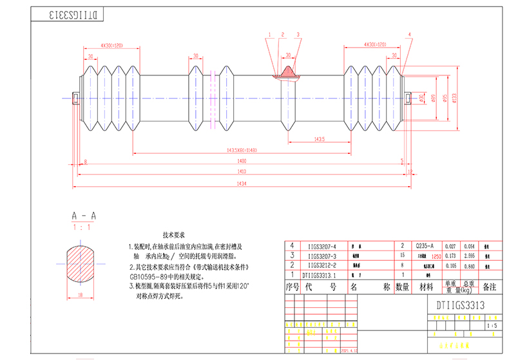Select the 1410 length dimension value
coord(242,172)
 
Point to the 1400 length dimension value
coord(242,160)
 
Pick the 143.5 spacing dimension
coord(319,138)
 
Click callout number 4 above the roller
coord(408,34)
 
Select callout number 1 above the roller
coord(270,34)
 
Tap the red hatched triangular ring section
coord(288,71)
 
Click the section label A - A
coord(83,216)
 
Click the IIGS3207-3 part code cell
coord(322,256)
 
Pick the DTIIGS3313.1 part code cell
coord(319,274)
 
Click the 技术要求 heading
coord(174,236)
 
